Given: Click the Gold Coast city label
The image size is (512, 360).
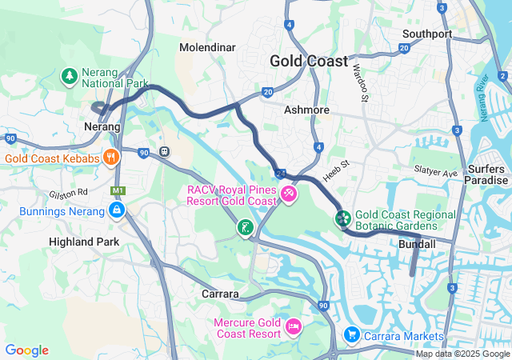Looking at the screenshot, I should tap(309, 61).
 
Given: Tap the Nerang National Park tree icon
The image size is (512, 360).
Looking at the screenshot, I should tap(70, 77).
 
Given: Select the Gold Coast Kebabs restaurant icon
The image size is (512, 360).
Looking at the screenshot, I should tap(111, 158).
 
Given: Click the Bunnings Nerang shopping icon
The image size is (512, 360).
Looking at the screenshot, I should tap(117, 211).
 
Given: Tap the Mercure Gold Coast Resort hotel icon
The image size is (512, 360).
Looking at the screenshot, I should tap(294, 326).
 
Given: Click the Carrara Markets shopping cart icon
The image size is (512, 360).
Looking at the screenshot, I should tap(350, 334).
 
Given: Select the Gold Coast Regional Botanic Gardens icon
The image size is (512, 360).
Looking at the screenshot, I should tap(342, 218).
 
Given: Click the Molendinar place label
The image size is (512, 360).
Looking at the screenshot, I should tap(207, 48).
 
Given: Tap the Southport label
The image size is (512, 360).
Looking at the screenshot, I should tap(427, 34).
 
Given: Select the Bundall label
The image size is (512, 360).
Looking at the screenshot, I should tap(417, 244).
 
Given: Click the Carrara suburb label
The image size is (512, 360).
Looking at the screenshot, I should tap(220, 294).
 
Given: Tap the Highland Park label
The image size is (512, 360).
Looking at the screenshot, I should tap(84, 241).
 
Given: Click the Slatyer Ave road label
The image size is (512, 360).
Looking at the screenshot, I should tap(435, 172).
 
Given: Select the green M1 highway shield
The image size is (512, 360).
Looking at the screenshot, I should tap(118, 190).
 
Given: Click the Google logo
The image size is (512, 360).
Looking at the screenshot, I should tap(26, 350).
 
